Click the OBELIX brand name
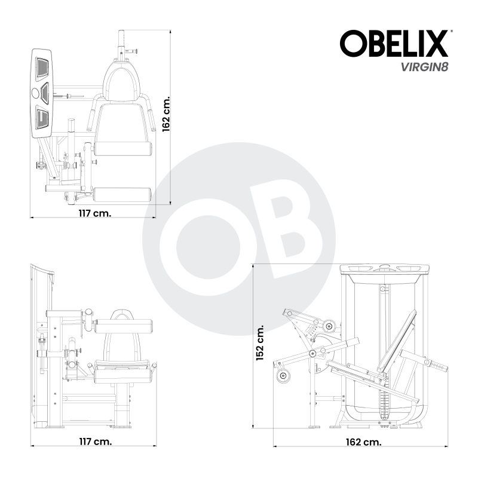(x=394, y=44)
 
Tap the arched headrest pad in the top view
(x=123, y=80)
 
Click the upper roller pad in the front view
(x=124, y=325)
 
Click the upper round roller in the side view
(x=328, y=326)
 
